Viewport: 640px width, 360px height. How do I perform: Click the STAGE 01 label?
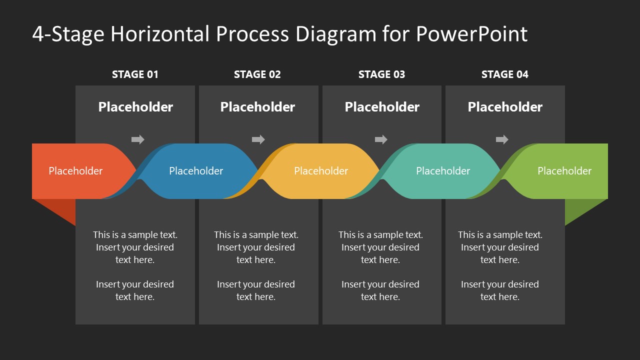coord(135,74)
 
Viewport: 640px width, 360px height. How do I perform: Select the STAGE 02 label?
coord(257,74)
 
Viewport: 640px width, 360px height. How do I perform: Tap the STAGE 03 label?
coord(381,74)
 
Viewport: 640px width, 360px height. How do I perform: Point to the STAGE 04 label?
coord(504,74)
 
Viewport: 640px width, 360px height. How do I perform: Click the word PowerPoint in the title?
coord(471,34)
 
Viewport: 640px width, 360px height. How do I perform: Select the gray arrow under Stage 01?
coord(137,139)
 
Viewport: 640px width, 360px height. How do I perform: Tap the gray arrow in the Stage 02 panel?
coord(258,139)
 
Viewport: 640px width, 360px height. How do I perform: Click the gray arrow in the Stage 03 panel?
coord(381,139)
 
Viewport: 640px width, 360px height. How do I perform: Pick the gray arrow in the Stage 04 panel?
coord(502,139)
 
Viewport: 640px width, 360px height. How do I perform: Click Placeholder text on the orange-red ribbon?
coord(75,171)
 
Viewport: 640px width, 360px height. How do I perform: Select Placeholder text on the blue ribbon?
coord(196,171)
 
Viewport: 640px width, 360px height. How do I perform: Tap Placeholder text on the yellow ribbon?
coord(321,171)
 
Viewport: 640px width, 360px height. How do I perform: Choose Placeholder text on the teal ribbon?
coord(443,171)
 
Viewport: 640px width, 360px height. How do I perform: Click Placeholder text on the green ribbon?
coord(564,171)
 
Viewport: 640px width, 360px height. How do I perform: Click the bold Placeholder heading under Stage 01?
coord(135,107)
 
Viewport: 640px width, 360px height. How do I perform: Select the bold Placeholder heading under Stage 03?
coord(382,107)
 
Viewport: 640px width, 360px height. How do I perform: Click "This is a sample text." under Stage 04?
coord(500,234)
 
